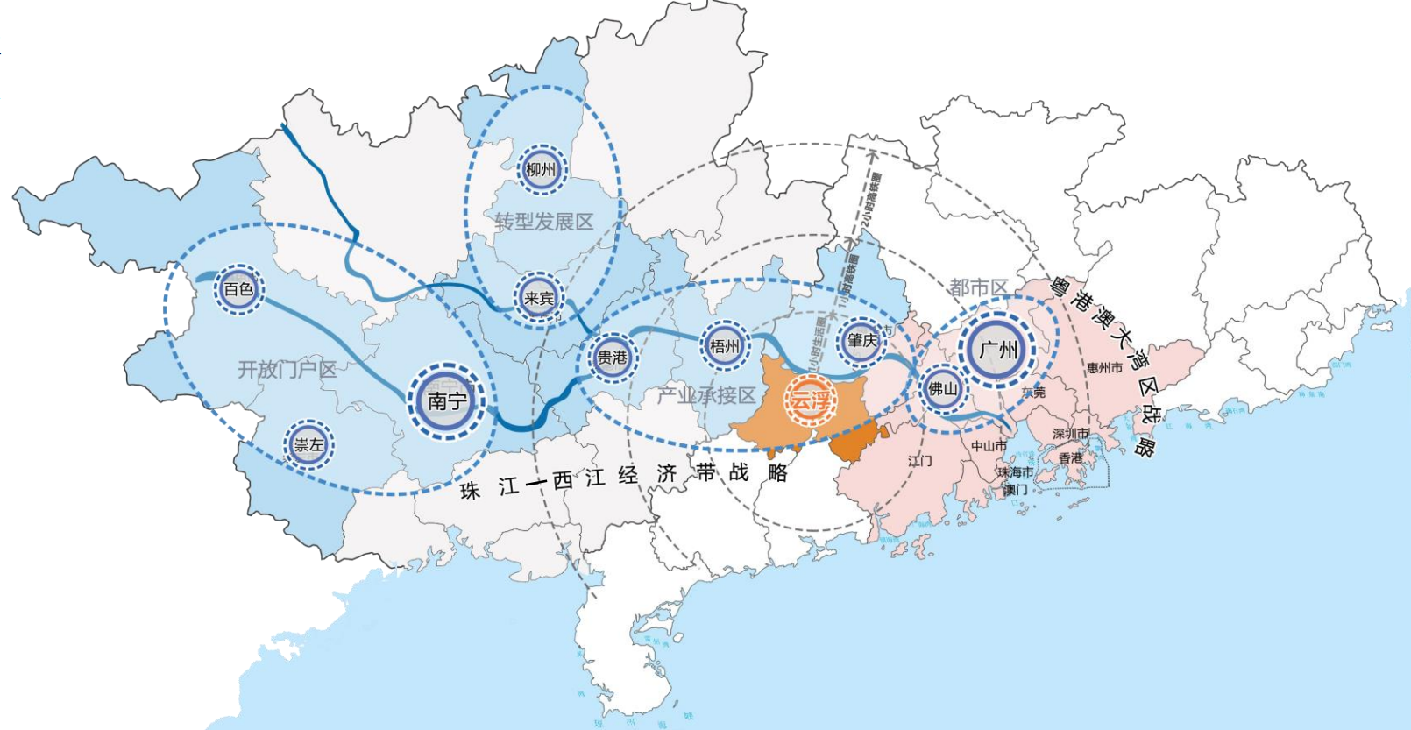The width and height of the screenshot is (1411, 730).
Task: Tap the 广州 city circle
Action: tap(997, 350)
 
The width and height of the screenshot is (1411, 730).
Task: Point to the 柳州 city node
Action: tap(541, 169)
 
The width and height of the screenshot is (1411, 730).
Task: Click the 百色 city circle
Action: tap(238, 288)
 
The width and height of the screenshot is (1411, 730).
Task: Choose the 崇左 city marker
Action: tap(308, 444)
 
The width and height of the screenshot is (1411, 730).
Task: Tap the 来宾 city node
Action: tap(539, 299)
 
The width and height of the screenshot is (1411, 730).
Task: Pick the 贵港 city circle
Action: tap(612, 358)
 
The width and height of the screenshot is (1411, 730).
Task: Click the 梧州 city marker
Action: tap(725, 346)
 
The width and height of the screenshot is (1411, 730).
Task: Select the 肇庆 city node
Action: tap(862, 340)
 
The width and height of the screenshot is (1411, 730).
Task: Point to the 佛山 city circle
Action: tap(943, 388)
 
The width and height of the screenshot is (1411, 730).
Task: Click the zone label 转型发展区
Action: tap(543, 222)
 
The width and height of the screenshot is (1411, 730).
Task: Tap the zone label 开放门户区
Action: tap(287, 369)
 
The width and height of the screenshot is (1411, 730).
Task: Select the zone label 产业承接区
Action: tap(706, 396)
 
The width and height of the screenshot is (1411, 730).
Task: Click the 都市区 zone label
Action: tap(978, 287)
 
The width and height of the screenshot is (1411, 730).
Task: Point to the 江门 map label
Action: tap(919, 460)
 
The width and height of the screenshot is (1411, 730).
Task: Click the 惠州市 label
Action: tap(1104, 368)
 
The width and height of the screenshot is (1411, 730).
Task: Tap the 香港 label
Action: tap(1070, 457)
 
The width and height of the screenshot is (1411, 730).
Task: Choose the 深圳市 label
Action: tap(1070, 434)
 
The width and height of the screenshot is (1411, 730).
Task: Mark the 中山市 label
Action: tap(989, 446)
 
